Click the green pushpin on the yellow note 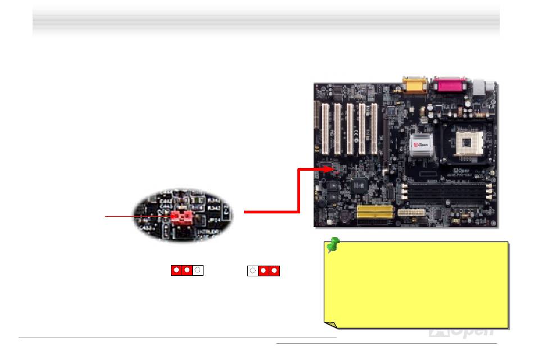pos(333,245)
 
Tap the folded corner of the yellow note pos(331,324)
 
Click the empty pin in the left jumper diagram pos(197,270)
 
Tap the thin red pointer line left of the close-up pos(135,216)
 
